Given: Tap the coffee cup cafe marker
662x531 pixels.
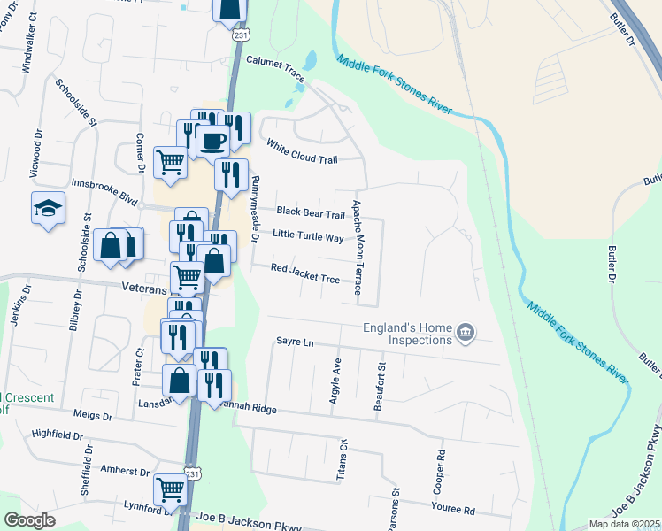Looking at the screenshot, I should [x=212, y=139].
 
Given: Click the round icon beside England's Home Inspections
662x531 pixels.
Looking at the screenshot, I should [x=466, y=333].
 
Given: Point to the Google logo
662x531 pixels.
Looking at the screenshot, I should [x=29, y=520].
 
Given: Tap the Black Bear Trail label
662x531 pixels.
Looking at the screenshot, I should [x=310, y=212].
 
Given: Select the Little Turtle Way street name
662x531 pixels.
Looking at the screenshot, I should [x=307, y=236].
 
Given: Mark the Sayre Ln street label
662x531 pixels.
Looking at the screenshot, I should [x=295, y=341].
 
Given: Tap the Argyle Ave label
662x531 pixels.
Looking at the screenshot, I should [x=335, y=381].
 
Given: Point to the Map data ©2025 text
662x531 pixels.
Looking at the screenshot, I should [x=624, y=524].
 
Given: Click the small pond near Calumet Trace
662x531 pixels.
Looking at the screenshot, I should [x=308, y=61].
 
